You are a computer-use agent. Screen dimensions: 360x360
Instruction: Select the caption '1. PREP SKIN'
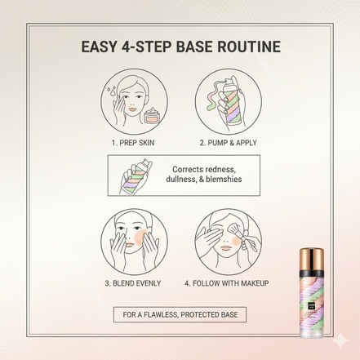pyautogui.click(x=134, y=143)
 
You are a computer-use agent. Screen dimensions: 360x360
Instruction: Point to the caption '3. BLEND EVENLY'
pyautogui.click(x=132, y=283)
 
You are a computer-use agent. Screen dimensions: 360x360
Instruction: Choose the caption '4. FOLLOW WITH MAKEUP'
pyautogui.click(x=227, y=283)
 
